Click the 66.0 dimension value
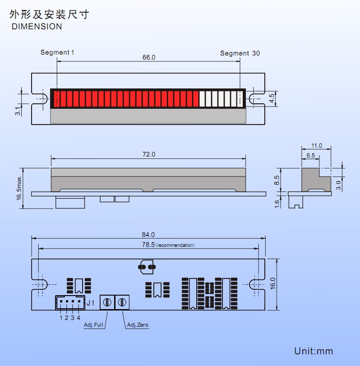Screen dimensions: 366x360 coord(148,57)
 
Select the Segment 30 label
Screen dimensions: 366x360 coord(240,53)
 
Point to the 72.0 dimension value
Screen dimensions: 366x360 coord(148,154)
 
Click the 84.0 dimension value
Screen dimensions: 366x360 coord(148,235)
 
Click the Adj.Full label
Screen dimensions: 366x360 coord(94,324)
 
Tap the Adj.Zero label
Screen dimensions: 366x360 coord(138,324)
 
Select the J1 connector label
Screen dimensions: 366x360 coord(91,303)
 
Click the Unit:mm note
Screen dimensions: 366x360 coord(313,351)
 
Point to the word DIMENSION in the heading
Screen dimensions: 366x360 coord(37,27)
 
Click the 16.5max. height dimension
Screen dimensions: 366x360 coord(19,186)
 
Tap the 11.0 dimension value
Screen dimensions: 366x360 coord(317,146)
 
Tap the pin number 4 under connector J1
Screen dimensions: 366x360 coord(78,317)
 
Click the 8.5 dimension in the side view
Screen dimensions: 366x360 coord(277,179)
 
